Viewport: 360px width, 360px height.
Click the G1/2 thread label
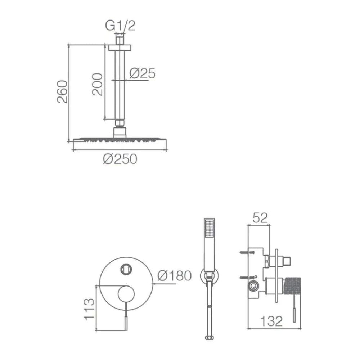pos(120,26)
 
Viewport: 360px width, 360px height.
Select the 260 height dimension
pos(62,91)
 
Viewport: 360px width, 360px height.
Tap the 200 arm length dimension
pos(97,84)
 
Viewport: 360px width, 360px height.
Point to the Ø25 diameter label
pos(142,73)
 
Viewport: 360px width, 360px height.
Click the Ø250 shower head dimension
pos(120,159)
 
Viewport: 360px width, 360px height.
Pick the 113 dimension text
pos(89,309)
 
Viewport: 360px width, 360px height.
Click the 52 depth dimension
pos(260,218)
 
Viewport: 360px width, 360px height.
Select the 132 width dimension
pos(271,321)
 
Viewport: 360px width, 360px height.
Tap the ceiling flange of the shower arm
pos(120,48)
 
